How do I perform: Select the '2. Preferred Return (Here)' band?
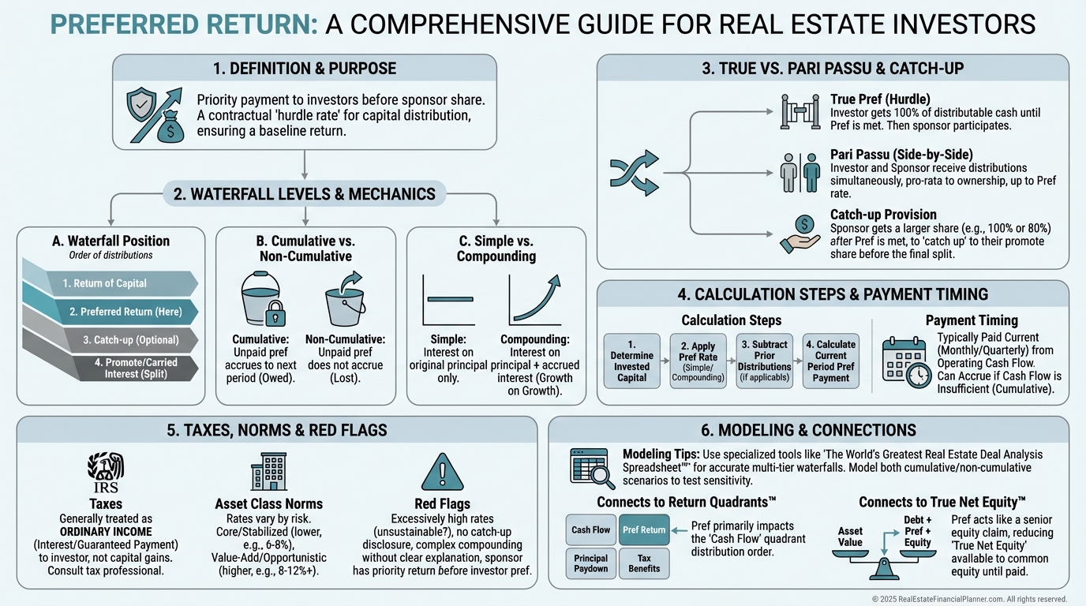[122, 312]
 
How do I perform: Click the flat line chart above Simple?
[448, 300]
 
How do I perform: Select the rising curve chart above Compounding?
[534, 300]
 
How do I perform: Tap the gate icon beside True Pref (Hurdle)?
[799, 111]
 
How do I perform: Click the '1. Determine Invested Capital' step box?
[631, 361]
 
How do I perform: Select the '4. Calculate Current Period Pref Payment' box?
[830, 361]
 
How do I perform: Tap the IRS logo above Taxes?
[104, 472]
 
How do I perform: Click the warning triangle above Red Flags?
[442, 473]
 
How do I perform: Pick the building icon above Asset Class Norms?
[268, 472]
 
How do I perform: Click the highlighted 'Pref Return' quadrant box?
[644, 530]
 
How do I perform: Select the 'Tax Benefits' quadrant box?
[644, 563]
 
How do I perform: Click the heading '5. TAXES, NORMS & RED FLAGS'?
[276, 430]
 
